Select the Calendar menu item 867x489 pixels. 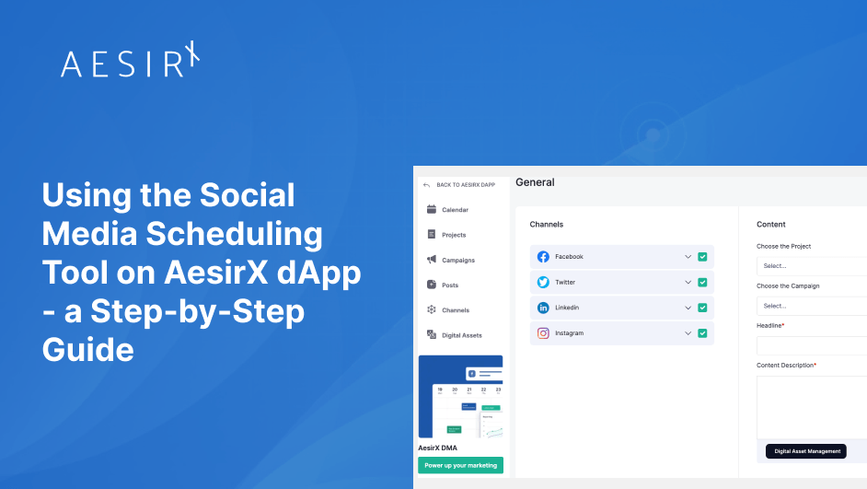(455, 210)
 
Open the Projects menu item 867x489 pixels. (454, 235)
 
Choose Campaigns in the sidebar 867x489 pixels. (457, 260)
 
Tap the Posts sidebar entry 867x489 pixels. (450, 285)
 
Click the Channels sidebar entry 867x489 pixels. (455, 310)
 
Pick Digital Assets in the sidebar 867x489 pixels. (461, 335)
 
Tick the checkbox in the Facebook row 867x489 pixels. (702, 257)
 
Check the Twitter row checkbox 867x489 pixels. (702, 282)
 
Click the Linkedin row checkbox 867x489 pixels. (702, 308)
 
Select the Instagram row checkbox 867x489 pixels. (702, 332)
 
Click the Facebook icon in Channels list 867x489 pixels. (543, 257)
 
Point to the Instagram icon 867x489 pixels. (543, 332)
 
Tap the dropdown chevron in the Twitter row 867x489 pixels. (687, 282)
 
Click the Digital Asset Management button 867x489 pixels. (807, 451)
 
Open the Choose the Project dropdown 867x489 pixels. (811, 265)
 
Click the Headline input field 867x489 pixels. (811, 345)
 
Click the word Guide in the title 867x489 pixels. (88, 350)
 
